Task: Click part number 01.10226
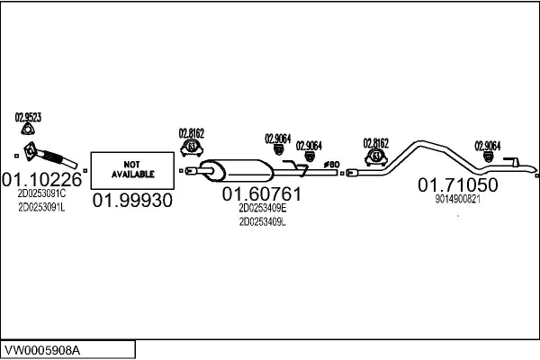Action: pos(41,179)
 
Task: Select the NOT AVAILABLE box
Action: pos(132,170)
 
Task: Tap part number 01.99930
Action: pos(132,200)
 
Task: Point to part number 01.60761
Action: pos(262,194)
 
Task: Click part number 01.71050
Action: pos(458,185)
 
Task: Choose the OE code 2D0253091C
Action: pos(41,193)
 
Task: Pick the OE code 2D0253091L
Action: pos(41,207)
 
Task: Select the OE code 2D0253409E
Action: pos(263,208)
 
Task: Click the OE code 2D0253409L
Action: pos(263,222)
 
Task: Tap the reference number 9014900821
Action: pos(458,199)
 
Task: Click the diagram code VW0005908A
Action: pos(42,350)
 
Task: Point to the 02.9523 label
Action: pos(28,118)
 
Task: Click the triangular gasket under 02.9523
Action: pos(28,130)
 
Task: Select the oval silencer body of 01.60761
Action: pos(237,170)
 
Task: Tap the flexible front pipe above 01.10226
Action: pos(50,157)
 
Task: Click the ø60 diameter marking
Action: pos(331,165)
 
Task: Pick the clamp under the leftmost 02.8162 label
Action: pos(192,148)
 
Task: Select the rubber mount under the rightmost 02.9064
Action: pos(488,157)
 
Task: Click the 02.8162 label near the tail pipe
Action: pos(375,143)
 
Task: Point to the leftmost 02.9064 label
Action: pos(278,139)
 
